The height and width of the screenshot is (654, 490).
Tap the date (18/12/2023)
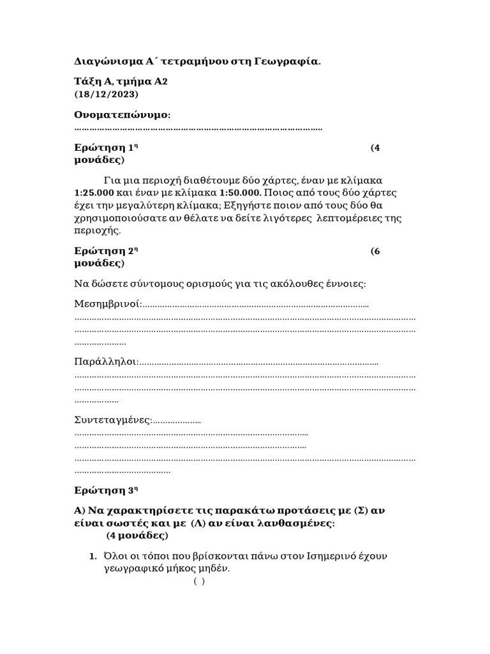[x=106, y=94]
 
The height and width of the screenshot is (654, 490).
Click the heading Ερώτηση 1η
[x=107, y=148]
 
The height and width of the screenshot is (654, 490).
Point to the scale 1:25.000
[x=94, y=192]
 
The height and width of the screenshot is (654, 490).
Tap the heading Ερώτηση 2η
[x=107, y=251]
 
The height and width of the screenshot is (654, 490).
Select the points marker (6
[x=375, y=251]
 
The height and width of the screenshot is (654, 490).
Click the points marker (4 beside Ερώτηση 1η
[x=375, y=148]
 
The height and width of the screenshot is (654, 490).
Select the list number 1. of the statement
[x=93, y=556]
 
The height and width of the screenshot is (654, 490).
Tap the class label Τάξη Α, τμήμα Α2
[x=121, y=82]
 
